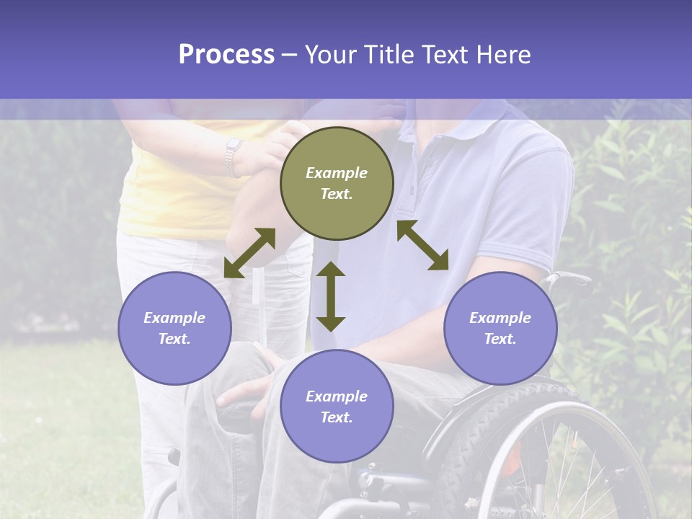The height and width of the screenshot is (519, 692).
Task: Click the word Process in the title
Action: pos(226,55)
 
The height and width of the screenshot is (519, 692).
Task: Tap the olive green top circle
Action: pos(337,183)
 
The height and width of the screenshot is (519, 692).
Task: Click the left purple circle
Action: pos(174,328)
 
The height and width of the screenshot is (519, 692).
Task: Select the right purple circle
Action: pos(500,328)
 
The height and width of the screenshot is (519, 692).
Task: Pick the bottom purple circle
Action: pos(337,406)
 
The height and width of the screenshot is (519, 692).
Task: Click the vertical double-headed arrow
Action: pos(331,296)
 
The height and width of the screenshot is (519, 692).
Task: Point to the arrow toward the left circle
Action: pos(249,253)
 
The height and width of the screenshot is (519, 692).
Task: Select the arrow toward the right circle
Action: pos(422,245)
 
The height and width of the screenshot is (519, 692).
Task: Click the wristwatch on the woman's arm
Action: pos(233,156)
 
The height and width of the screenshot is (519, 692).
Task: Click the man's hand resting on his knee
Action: pos(245,389)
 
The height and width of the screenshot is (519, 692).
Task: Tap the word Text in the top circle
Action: pos(337,194)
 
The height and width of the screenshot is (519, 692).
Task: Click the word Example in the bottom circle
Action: pos(337,396)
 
